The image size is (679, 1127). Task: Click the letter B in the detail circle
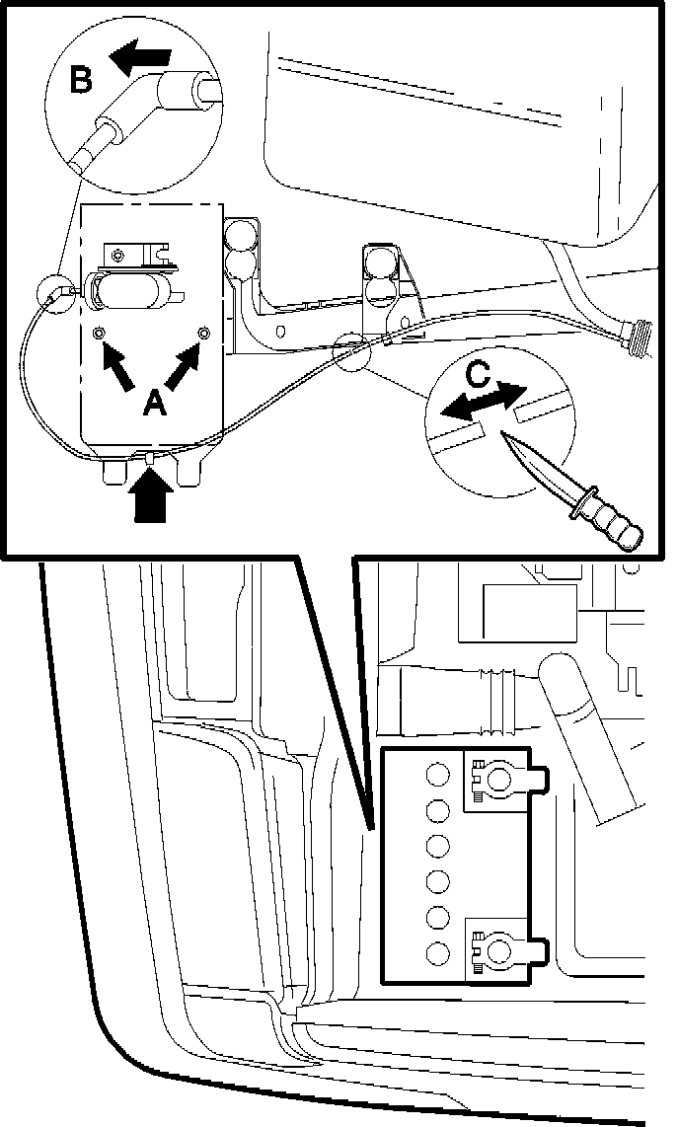(82, 79)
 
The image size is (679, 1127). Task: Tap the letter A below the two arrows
(154, 401)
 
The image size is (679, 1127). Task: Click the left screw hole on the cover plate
(99, 334)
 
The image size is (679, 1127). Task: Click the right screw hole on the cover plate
(202, 334)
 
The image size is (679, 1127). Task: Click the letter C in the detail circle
(477, 374)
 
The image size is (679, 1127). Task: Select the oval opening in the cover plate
(132, 293)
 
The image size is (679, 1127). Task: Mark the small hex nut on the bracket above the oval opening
(118, 256)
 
